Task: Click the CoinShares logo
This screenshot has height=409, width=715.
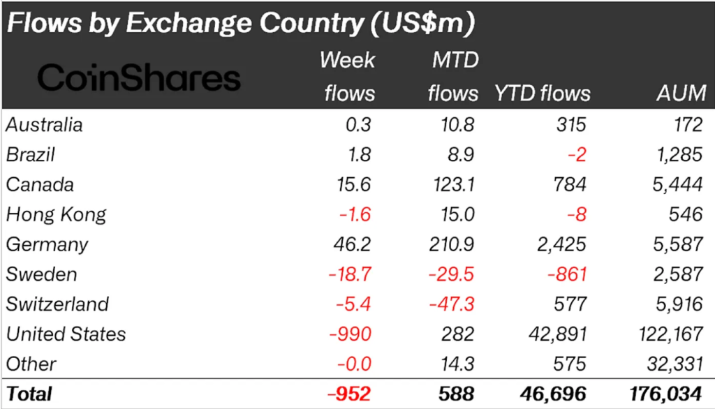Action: point(138,78)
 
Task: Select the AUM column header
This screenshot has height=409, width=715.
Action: point(682,93)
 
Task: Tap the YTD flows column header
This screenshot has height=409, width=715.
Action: point(542,93)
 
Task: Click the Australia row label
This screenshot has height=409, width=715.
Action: point(45,125)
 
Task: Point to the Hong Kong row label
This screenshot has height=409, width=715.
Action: point(56,214)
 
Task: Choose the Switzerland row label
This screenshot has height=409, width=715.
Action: point(57,304)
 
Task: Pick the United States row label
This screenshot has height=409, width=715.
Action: point(66,334)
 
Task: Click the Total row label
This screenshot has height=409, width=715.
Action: point(29,394)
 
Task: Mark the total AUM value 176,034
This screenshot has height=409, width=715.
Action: point(665,394)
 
